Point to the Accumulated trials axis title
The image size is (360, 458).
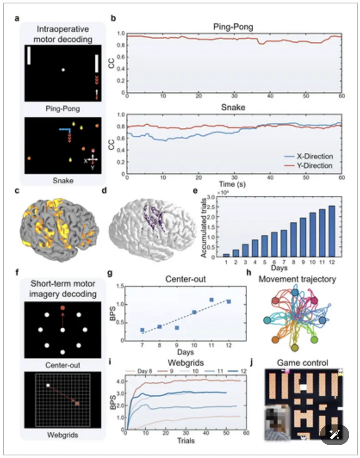(x=203, y=226)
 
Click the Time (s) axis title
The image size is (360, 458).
(x=233, y=184)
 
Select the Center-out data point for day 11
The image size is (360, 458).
(x=211, y=300)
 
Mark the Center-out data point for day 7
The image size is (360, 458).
(x=142, y=330)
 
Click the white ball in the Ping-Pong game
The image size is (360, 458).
(x=63, y=70)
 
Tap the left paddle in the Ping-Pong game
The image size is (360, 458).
(x=29, y=56)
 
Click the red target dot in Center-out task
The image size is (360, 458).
(x=62, y=308)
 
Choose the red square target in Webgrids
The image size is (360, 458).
(x=78, y=404)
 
